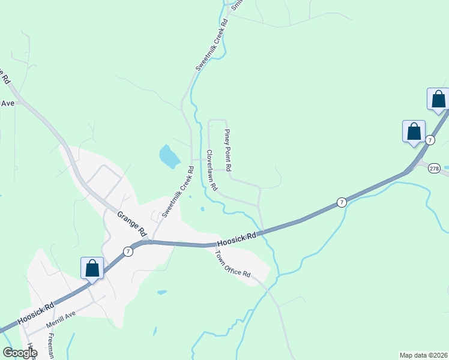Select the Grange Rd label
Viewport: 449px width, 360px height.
click(132, 223)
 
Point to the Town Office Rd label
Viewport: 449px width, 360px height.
click(233, 263)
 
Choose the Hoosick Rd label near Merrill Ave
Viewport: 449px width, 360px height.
click(36, 313)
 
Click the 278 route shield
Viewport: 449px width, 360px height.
click(435, 169)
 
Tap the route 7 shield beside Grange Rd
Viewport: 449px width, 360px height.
click(128, 252)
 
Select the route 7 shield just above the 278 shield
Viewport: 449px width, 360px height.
click(430, 140)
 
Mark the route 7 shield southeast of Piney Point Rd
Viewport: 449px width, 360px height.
click(341, 202)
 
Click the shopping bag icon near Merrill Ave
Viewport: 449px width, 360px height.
click(92, 268)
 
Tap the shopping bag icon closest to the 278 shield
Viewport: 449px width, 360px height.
click(414, 131)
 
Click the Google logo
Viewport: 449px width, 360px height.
click(20, 353)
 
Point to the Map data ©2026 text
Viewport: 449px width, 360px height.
click(423, 355)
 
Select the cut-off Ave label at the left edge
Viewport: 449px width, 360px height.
click(7, 103)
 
